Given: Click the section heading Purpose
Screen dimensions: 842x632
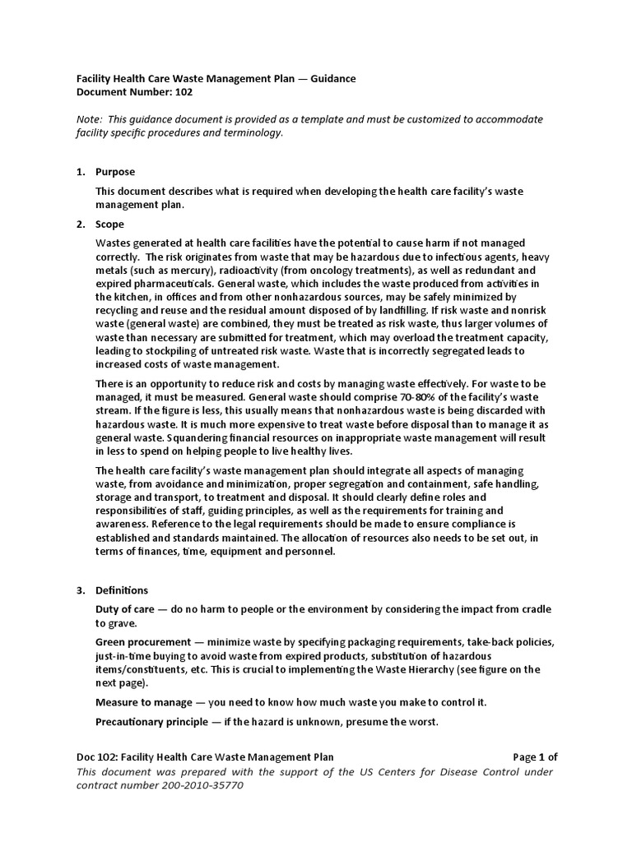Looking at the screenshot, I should [115, 172].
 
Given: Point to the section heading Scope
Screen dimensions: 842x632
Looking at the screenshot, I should [110, 224].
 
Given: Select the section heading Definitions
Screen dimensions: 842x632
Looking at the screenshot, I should [122, 590].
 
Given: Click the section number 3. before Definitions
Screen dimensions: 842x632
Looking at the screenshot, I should [81, 590].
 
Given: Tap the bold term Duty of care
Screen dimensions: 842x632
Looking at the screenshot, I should [127, 609].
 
